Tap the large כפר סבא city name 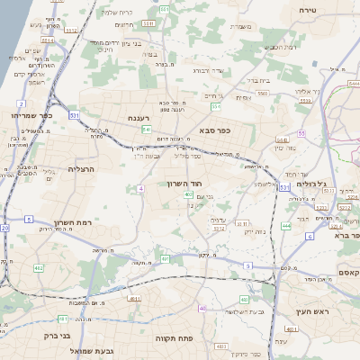(x=217, y=130)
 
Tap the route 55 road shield (x=302, y=133)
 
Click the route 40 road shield (x=202, y=308)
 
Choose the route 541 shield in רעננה (x=147, y=130)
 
